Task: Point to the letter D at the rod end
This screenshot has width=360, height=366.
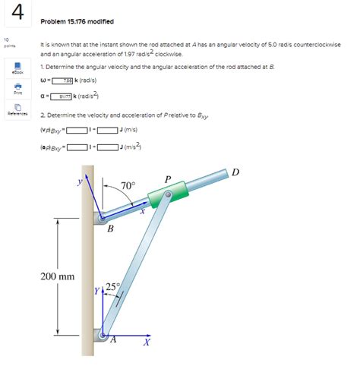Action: pos(236,172)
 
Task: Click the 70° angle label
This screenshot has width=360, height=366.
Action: pos(128,185)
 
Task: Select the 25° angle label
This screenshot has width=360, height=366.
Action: pos(112,286)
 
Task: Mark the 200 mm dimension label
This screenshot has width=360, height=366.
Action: pos(58,276)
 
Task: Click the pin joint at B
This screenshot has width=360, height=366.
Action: pos(102,219)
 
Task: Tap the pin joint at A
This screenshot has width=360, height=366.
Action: pos(103,336)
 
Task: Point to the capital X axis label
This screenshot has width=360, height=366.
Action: pos(148,344)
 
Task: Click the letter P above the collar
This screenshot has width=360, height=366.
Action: pos(169,179)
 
